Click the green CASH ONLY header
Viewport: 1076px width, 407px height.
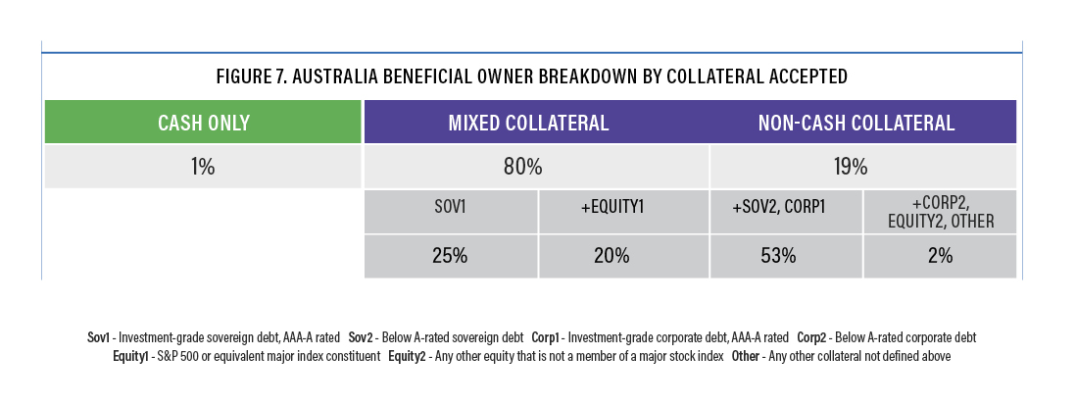[203, 123]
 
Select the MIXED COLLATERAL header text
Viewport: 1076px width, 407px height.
[528, 123]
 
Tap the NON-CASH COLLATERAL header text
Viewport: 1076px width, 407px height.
[856, 123]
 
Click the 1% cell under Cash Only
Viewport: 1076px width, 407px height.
[203, 166]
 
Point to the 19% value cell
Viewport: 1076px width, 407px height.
[863, 166]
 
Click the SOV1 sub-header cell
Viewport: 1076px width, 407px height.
[451, 212]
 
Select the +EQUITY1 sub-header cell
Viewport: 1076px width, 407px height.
[624, 212]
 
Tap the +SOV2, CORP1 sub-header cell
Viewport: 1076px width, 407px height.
[786, 212]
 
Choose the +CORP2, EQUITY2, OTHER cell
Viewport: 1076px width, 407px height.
[940, 212]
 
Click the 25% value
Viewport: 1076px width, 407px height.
[450, 256]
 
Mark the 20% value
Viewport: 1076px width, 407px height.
[611, 256]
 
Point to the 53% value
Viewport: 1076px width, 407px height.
[778, 256]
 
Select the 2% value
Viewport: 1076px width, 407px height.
[940, 256]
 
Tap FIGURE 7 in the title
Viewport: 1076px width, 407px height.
[251, 76]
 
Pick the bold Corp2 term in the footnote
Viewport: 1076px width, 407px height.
[809, 337]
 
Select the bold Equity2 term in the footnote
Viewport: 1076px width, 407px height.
[407, 356]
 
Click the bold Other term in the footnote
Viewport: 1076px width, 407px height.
[745, 356]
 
